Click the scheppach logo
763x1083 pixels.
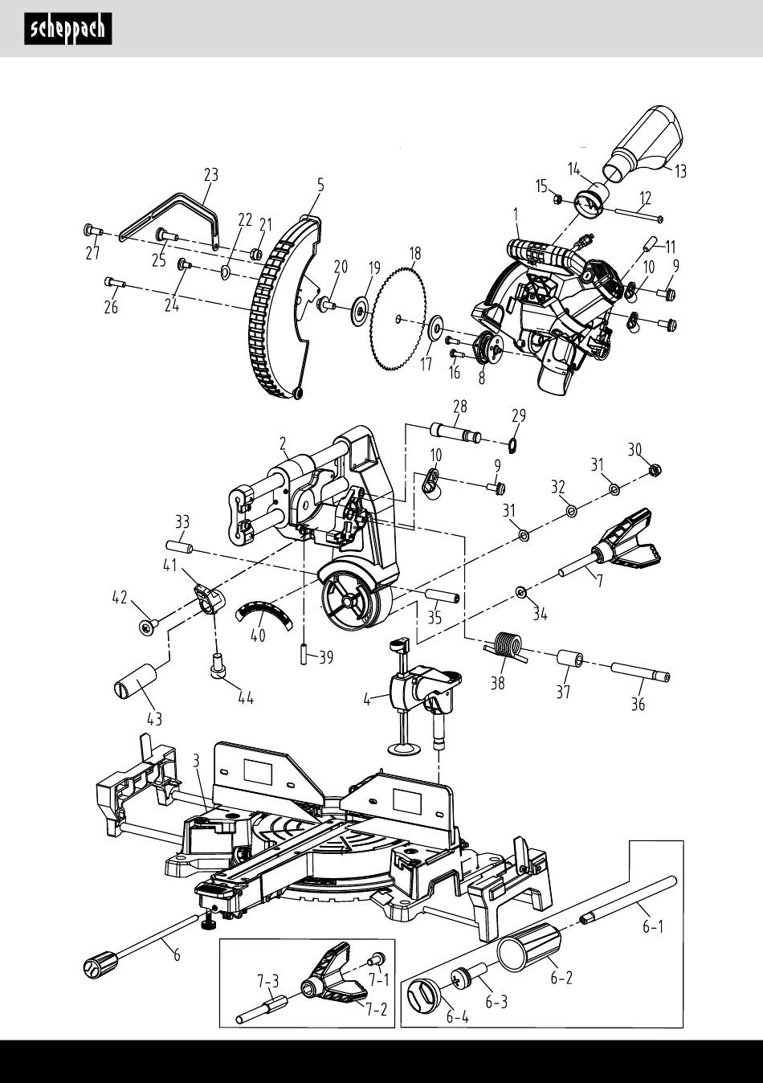68,29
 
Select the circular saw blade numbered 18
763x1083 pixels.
398,318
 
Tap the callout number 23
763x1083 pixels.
211,174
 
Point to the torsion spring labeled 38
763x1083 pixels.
504,647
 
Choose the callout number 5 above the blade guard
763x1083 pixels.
320,185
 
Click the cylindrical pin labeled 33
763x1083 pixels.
180,547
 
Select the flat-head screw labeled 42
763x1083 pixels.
147,627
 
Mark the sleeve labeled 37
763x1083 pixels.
570,658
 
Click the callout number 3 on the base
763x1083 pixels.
196,762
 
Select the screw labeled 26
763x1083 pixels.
115,283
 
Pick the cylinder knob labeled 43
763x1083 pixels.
135,680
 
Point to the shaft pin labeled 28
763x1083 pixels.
455,431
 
